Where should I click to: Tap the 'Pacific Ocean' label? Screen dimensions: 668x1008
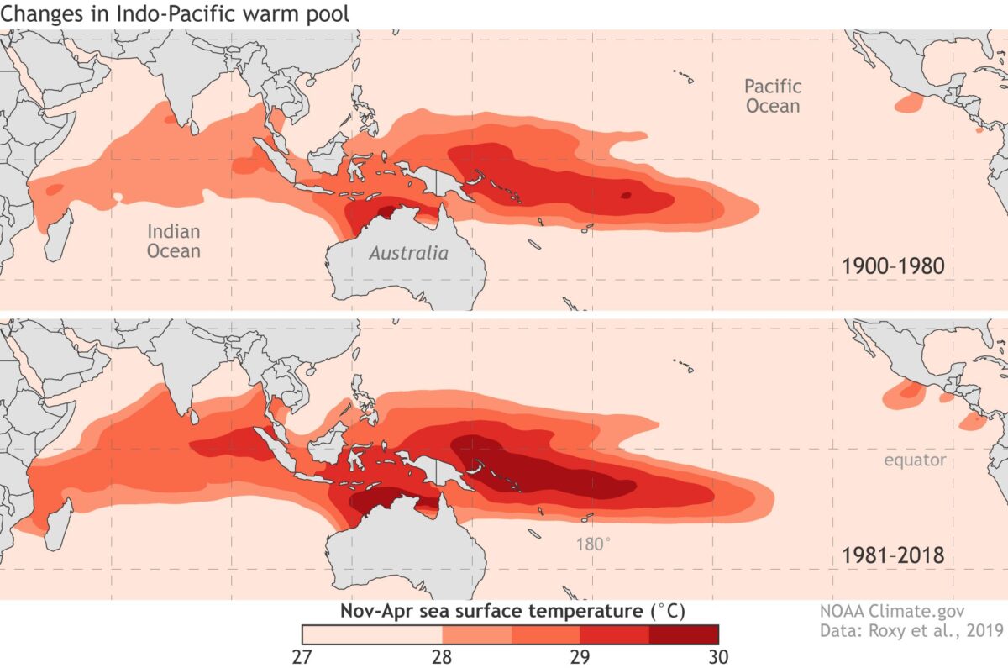point(773,96)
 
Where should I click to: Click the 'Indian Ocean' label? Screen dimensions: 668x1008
point(173,240)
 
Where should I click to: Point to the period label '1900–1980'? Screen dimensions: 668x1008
point(893,267)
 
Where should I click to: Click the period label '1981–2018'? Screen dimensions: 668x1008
point(893,555)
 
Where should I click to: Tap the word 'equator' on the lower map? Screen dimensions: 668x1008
point(915,460)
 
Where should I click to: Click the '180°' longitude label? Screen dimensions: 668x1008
point(593,544)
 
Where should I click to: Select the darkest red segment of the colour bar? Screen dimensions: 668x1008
point(684,634)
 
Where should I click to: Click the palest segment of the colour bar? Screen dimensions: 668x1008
point(372,634)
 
